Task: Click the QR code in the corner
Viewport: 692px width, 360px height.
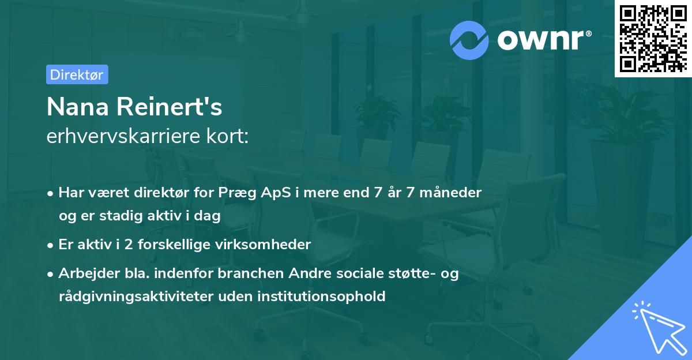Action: pos(653,38)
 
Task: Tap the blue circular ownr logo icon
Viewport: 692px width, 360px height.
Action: pos(469,40)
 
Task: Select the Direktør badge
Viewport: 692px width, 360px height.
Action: pos(77,74)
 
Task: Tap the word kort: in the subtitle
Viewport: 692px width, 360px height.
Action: pos(228,137)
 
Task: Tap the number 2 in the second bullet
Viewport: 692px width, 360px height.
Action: pos(129,245)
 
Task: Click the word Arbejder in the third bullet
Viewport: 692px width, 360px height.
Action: pos(85,273)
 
